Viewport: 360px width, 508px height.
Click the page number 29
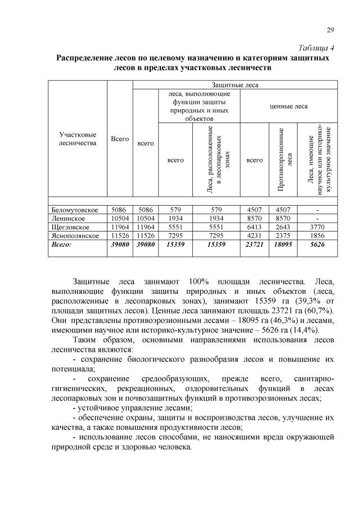point(330,30)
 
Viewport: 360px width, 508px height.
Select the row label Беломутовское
point(75,210)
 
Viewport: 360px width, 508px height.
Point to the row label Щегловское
point(70,227)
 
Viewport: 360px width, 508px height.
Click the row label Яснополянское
point(75,235)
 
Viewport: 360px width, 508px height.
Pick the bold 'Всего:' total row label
point(61,245)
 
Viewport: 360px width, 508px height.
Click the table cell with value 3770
point(318,227)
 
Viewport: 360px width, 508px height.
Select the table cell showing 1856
point(318,235)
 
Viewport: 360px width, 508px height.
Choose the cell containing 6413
point(255,227)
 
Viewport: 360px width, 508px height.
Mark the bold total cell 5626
point(318,245)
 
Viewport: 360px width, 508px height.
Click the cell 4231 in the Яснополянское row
point(255,235)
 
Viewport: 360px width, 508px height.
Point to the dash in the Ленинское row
point(318,219)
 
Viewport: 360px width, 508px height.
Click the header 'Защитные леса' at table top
point(235,85)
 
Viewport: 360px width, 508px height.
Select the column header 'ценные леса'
point(289,106)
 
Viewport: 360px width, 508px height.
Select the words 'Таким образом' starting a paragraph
point(99,340)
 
